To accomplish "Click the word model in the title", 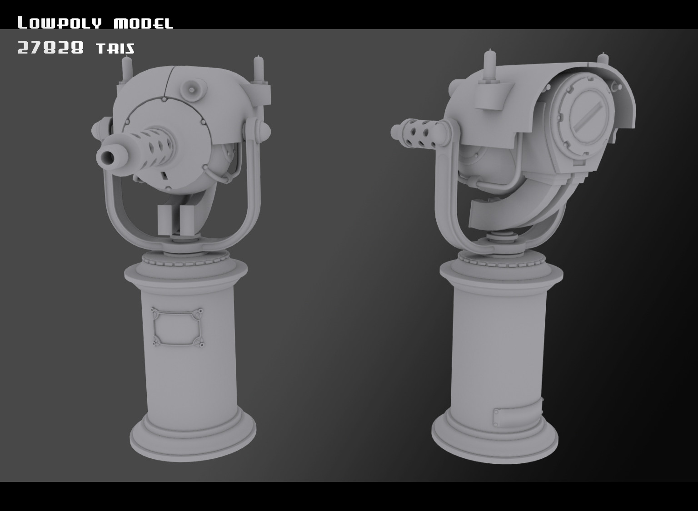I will point(143,23).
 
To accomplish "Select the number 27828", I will point(50,48).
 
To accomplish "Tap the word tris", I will point(115,48).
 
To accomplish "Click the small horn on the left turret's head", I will point(191,89).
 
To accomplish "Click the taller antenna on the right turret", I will point(490,64).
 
